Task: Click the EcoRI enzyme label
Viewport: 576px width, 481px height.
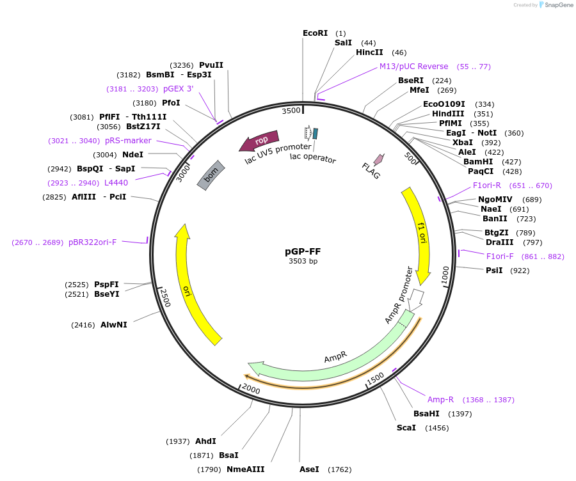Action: (315, 33)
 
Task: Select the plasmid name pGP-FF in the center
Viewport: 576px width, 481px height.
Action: (303, 251)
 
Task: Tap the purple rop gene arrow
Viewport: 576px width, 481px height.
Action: (259, 141)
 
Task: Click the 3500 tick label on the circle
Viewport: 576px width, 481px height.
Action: (291, 111)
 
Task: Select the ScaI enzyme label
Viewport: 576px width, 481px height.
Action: (406, 427)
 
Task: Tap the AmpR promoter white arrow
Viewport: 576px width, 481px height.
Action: (417, 298)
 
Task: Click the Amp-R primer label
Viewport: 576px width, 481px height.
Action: (440, 400)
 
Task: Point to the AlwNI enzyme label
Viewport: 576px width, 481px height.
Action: (114, 325)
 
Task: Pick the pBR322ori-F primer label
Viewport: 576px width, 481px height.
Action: (92, 242)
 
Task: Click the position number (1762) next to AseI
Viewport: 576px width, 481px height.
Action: (339, 469)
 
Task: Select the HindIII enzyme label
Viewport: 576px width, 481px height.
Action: (448, 114)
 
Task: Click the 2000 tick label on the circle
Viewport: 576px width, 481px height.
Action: (250, 390)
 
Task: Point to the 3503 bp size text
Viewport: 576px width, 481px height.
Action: (303, 261)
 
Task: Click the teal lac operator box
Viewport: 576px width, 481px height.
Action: (315, 134)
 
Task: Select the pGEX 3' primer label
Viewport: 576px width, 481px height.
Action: (178, 89)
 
